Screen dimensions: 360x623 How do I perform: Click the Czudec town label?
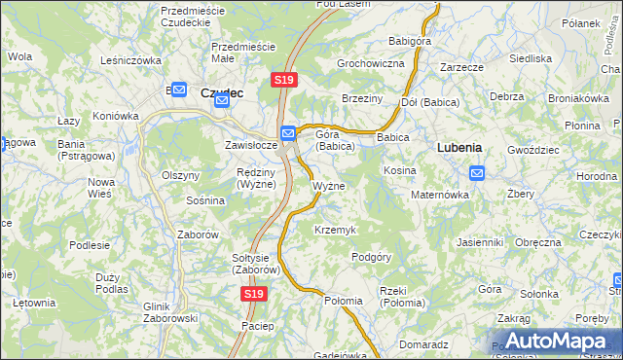point(221,92)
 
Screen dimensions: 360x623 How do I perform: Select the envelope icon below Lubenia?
point(477,173)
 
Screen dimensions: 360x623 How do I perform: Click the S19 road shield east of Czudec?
point(283,80)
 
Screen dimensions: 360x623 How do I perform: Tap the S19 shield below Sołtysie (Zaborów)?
point(253,293)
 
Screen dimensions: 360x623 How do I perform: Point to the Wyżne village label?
point(328,185)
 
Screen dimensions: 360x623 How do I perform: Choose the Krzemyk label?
point(335,230)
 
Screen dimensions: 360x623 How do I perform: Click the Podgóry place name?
point(371,257)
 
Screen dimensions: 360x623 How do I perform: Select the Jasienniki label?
point(479,242)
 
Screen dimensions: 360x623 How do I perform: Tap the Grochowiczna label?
point(370,63)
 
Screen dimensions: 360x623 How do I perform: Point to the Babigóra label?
point(410,42)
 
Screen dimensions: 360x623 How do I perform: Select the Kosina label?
point(400,170)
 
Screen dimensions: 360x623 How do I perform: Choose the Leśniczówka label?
point(130,60)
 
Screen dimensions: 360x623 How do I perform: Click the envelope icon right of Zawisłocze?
point(288,133)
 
